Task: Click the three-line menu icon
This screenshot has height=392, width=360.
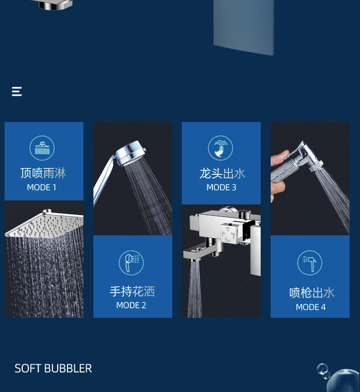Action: tap(17, 92)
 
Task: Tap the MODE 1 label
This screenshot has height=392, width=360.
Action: tap(41, 187)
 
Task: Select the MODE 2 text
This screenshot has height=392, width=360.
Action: tap(131, 305)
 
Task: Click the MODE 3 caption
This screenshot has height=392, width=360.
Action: tap(221, 187)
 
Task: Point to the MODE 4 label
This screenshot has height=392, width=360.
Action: tap(310, 307)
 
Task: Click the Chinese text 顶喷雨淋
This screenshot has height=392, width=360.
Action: tap(43, 173)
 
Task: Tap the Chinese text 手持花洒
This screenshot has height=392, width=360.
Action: tap(132, 291)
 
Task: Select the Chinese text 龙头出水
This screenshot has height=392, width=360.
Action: tap(222, 173)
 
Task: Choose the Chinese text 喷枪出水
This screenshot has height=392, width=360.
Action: tap(312, 293)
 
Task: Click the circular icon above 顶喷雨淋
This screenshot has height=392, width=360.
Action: tap(42, 148)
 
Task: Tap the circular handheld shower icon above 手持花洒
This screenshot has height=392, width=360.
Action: tap(131, 263)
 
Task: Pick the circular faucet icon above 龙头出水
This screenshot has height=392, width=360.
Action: tap(221, 148)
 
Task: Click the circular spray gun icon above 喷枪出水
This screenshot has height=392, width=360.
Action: tap(310, 263)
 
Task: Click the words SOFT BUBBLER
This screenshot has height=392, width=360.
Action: tap(53, 368)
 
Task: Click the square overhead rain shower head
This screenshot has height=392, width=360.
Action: tap(45, 224)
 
